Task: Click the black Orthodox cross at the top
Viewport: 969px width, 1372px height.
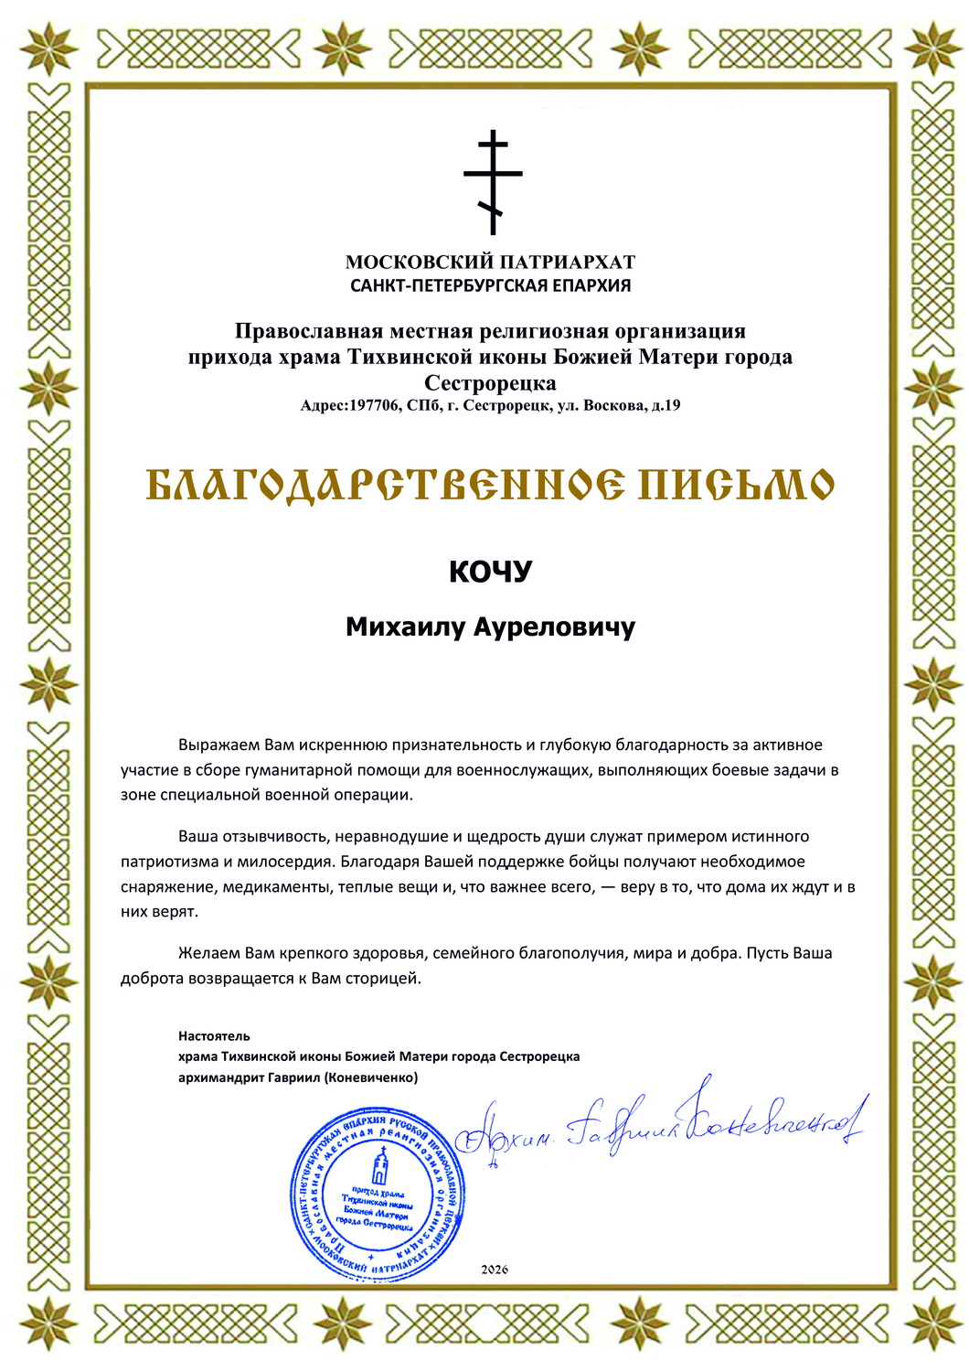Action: (493, 181)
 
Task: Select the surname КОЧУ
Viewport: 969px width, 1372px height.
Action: (490, 572)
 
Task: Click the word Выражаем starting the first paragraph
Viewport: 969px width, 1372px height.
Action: (218, 745)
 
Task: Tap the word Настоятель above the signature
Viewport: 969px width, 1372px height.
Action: (214, 1036)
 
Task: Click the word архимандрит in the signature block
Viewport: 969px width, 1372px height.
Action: (220, 1077)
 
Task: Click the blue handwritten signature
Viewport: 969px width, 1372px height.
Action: (658, 1127)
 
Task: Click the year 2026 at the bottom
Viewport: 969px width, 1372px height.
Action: (494, 1270)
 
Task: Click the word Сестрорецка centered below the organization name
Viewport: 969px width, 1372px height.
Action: (490, 382)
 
